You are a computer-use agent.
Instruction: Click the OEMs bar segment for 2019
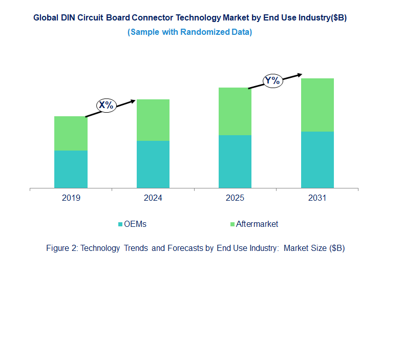point(71,169)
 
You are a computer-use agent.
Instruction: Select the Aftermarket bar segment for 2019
point(71,133)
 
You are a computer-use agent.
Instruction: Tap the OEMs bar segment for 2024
point(153,164)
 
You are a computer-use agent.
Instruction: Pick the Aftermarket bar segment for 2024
point(153,120)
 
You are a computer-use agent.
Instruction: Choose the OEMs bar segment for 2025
point(235,161)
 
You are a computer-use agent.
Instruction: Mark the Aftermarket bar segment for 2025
point(235,111)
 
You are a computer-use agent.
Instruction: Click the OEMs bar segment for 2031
point(317,160)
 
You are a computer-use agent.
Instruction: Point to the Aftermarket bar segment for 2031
point(317,105)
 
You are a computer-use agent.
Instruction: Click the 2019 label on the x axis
point(71,198)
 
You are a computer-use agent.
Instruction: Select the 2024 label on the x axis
point(153,198)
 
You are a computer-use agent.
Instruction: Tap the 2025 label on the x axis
point(235,198)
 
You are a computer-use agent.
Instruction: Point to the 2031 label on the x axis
point(317,198)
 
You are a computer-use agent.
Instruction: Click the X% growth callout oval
point(107,105)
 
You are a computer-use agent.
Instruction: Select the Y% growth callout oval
point(272,81)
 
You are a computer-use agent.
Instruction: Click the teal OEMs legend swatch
point(121,224)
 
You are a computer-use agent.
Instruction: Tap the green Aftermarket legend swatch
point(232,224)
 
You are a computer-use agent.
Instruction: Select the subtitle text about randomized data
point(189,32)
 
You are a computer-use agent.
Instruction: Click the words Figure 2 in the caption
point(61,248)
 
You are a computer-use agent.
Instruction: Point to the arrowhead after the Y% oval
point(300,75)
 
